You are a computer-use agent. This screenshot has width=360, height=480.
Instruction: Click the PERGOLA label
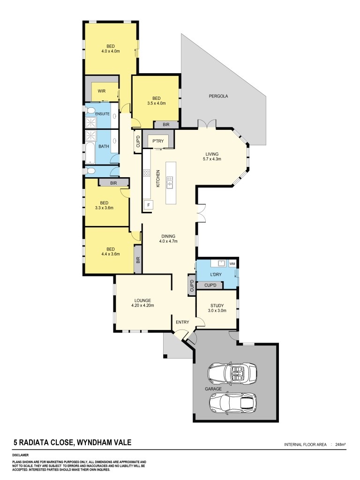coord(218,96)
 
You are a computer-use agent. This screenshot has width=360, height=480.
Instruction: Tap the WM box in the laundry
coord(232,264)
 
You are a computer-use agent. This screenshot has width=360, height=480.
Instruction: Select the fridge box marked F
coord(148,205)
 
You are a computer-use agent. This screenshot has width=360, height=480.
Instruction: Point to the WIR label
coord(101,91)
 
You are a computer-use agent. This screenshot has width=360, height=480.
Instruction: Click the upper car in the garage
coord(232,373)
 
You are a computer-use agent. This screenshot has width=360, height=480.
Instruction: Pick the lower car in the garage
coord(233,402)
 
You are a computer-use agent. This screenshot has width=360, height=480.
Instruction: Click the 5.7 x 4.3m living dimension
coord(213,159)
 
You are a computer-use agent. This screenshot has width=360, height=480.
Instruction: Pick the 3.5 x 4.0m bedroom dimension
coord(156,103)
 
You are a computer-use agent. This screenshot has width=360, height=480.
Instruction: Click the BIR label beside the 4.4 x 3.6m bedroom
coord(138,259)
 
